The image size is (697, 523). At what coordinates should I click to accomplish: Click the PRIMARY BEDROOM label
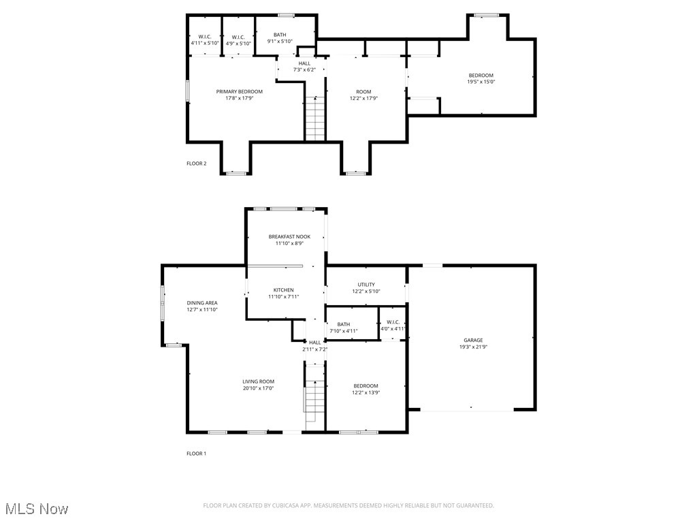click(239, 91)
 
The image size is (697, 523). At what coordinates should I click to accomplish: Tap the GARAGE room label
click(473, 340)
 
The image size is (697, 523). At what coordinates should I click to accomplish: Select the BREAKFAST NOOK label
click(289, 236)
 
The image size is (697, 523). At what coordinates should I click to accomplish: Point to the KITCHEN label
click(283, 289)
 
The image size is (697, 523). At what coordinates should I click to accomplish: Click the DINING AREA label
click(202, 302)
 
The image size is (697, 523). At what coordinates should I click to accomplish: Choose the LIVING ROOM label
click(258, 381)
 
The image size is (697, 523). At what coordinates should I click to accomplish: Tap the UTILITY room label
click(366, 285)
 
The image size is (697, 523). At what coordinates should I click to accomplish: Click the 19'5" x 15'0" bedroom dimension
click(481, 82)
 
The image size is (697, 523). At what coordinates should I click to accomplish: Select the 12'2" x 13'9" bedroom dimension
click(365, 392)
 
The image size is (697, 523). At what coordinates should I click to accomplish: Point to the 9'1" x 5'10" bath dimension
click(280, 42)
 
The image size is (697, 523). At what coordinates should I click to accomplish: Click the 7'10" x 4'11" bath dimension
click(343, 331)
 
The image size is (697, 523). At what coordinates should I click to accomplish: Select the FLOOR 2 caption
click(196, 163)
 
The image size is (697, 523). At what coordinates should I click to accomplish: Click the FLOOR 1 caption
click(196, 454)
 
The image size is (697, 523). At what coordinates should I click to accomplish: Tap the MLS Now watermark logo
click(36, 509)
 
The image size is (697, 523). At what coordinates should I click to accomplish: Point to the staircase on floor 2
click(314, 118)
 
